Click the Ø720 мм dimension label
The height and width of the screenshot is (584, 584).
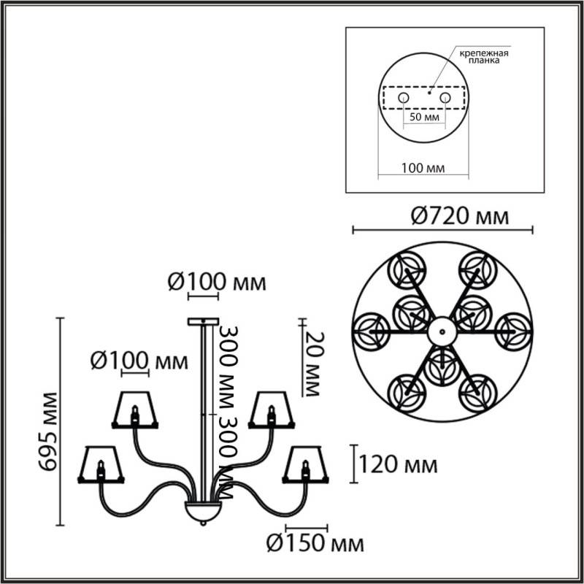(442, 216)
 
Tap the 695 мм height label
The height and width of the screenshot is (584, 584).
(50, 421)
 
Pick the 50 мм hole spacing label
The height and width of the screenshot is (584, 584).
(423, 117)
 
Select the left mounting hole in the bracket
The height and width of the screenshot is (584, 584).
(403, 97)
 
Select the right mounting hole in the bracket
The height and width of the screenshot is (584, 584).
(445, 97)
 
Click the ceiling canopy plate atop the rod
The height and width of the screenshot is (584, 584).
(203, 321)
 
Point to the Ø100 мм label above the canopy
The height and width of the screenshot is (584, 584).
(207, 281)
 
